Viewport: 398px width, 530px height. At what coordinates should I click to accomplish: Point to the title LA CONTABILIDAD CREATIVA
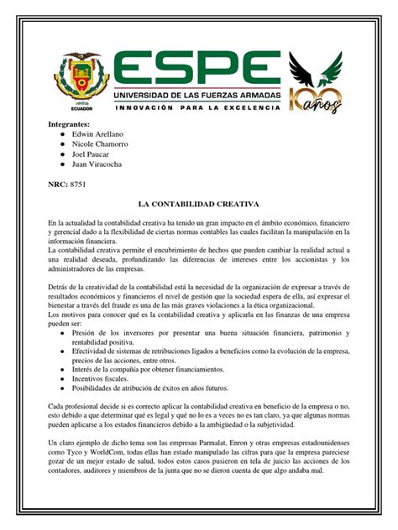pyautogui.click(x=198, y=204)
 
